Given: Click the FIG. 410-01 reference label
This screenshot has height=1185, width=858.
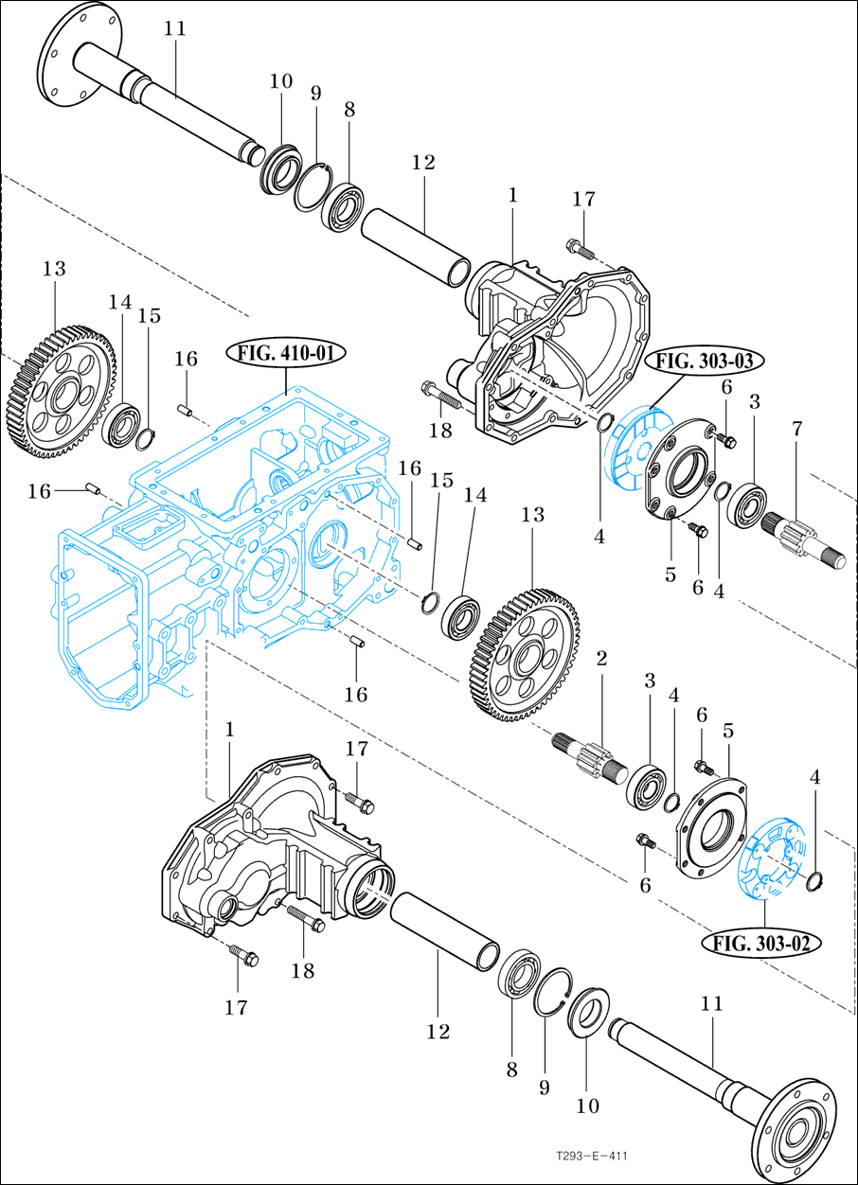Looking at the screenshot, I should [x=287, y=354].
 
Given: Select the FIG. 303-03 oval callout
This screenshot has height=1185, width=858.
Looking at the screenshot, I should [x=706, y=361].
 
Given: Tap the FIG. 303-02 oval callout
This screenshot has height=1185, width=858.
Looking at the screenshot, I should [x=761, y=942].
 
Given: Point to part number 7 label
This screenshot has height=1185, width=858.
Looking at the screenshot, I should [x=796, y=430].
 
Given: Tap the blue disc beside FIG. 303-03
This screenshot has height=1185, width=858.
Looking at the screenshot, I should [x=634, y=444].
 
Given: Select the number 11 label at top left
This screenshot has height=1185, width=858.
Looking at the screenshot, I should [x=174, y=28].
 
